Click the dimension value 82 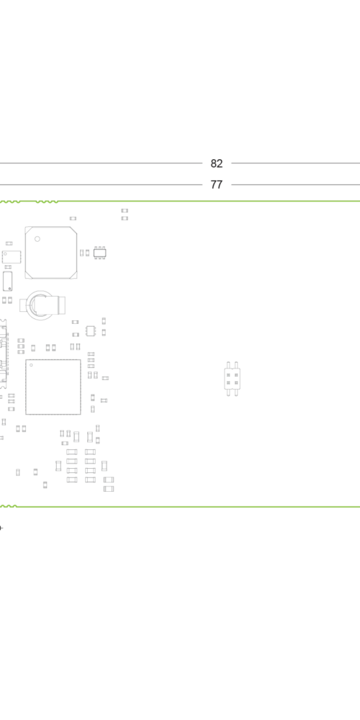(x=216, y=163)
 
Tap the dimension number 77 (x=216, y=184)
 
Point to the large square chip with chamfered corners (x=51, y=253)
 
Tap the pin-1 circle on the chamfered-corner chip (x=37, y=239)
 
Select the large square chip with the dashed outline (x=53, y=387)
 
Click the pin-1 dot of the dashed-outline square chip (x=31, y=365)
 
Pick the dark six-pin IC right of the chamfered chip (x=99, y=253)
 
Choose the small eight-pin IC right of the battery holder (x=91, y=330)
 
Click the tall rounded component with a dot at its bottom (x=7, y=281)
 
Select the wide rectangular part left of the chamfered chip (x=12, y=257)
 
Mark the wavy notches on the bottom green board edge (x=9, y=506)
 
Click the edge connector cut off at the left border (x=4, y=354)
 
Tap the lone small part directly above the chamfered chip (x=73, y=219)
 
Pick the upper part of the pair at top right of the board (x=125, y=211)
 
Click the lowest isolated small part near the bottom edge (x=45, y=485)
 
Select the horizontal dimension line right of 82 (x=296, y=163)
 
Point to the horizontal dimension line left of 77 (x=101, y=184)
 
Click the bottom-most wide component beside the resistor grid (x=109, y=489)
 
